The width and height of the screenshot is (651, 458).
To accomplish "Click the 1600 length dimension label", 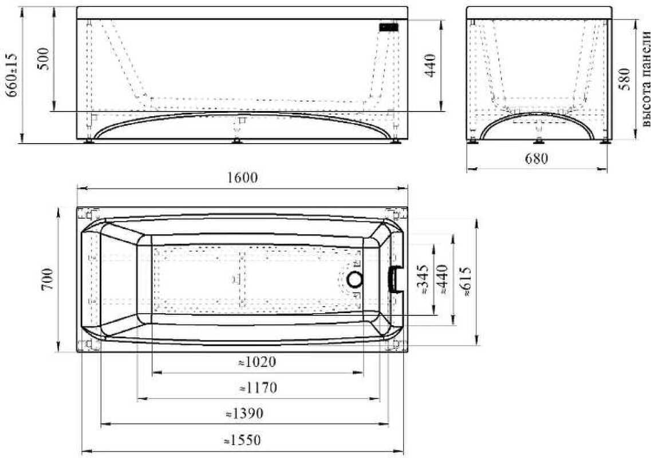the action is [243, 177].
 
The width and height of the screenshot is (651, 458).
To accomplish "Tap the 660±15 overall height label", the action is [13, 75].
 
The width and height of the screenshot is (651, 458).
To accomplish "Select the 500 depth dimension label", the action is [44, 59].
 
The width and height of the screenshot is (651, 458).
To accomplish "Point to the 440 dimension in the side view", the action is [430, 66].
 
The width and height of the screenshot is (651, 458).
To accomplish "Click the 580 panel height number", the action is [625, 79].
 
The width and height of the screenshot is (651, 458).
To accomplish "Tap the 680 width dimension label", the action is [536, 158].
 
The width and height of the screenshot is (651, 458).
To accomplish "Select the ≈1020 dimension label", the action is [258, 362].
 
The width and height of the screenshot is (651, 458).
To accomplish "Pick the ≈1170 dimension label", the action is [258, 388].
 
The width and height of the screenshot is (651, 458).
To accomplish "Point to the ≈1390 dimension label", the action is [244, 413].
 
